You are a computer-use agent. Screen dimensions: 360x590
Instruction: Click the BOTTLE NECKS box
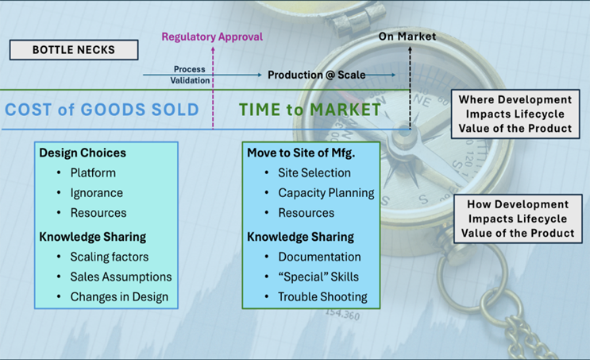pyautogui.click(x=74, y=50)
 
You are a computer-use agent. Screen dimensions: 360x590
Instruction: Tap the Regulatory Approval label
pyautogui.click(x=212, y=37)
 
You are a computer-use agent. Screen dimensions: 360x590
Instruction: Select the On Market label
pyautogui.click(x=407, y=37)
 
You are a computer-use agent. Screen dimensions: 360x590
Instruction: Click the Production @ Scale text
pyautogui.click(x=316, y=75)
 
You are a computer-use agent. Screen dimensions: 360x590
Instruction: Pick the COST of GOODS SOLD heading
pyautogui.click(x=102, y=110)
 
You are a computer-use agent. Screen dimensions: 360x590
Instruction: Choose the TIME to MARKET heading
pyautogui.click(x=310, y=110)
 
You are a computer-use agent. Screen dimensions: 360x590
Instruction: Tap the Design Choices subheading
pyautogui.click(x=83, y=153)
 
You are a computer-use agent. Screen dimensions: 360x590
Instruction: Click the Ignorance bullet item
pyautogui.click(x=97, y=193)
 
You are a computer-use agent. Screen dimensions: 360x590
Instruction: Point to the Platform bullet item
pyautogui.click(x=93, y=172)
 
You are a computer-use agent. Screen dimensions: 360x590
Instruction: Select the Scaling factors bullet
pyautogui.click(x=109, y=257)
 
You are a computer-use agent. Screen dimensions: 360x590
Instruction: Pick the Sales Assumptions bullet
pyautogui.click(x=121, y=277)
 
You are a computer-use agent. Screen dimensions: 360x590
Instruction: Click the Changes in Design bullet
pyautogui.click(x=119, y=297)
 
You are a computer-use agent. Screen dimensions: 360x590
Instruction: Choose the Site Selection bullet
pyautogui.click(x=314, y=172)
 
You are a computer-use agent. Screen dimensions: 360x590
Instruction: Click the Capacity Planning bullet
pyautogui.click(x=326, y=193)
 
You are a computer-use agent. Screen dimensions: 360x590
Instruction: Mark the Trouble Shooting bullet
pyautogui.click(x=322, y=297)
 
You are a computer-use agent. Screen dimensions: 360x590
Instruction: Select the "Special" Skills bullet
pyautogui.click(x=318, y=277)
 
